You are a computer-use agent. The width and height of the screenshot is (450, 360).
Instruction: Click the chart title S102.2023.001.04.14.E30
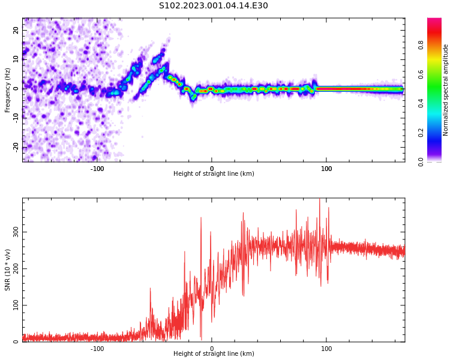214,5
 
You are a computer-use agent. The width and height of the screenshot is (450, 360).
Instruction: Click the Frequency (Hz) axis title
8,90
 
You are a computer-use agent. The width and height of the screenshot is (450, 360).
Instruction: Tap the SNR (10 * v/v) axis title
8,271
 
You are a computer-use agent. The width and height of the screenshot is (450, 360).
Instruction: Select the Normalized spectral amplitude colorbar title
446,90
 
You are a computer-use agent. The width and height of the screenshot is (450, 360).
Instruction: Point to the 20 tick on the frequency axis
16,30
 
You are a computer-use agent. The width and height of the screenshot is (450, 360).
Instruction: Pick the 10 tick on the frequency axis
16,59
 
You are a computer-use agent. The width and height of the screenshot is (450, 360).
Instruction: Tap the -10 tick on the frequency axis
15,118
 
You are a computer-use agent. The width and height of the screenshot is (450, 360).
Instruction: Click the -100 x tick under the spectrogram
97,169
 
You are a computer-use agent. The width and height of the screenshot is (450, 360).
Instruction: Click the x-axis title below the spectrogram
214,174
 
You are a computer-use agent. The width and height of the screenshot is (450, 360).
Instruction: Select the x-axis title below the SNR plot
214,354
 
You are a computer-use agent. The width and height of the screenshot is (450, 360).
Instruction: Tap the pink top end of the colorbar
434,21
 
